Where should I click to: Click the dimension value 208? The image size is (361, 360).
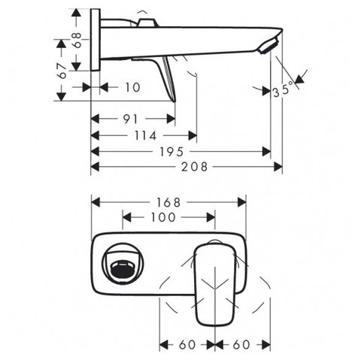(x=195, y=167)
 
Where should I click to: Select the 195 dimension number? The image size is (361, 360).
(x=172, y=152)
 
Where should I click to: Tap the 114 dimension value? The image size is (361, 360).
(x=146, y=135)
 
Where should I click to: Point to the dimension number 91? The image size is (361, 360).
(x=131, y=119)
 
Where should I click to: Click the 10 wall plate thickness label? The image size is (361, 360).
(x=132, y=87)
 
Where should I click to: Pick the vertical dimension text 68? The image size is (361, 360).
(x=77, y=40)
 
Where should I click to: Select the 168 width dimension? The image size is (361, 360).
(x=168, y=202)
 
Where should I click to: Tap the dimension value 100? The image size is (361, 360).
(x=163, y=217)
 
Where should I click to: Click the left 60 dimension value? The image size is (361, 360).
(x=187, y=344)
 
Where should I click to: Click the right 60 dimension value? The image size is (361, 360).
(x=241, y=344)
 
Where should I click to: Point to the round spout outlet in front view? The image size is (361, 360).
(x=123, y=263)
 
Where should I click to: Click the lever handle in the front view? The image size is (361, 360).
(x=215, y=285)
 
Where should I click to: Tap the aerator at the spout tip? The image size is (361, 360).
(x=268, y=46)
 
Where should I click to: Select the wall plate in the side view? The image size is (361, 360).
(x=96, y=40)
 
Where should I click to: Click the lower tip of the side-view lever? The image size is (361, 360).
(x=174, y=101)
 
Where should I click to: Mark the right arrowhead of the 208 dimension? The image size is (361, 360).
(x=278, y=167)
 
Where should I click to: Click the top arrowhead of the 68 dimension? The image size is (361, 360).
(x=76, y=13)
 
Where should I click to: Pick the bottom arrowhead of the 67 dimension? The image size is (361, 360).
(x=61, y=97)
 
